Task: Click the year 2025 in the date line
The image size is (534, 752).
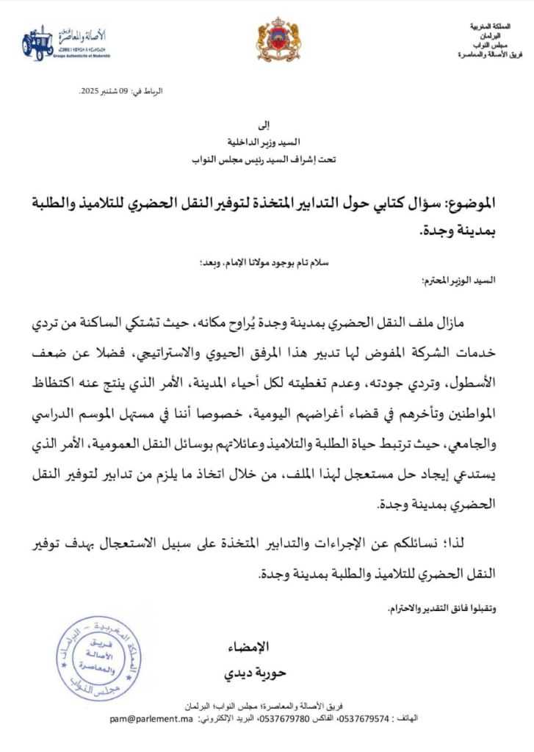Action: [x=90, y=90]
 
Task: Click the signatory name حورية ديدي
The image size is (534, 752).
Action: [x=248, y=673]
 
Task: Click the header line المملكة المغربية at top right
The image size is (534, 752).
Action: [x=494, y=26]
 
